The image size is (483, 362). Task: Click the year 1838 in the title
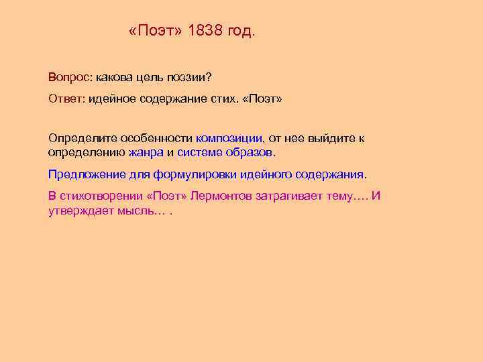pyautogui.click(x=207, y=32)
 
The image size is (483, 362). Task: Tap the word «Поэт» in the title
pyautogui.click(x=156, y=32)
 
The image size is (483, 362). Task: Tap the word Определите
pyautogui.click(x=81, y=138)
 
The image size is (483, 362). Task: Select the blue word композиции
pyautogui.click(x=229, y=138)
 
